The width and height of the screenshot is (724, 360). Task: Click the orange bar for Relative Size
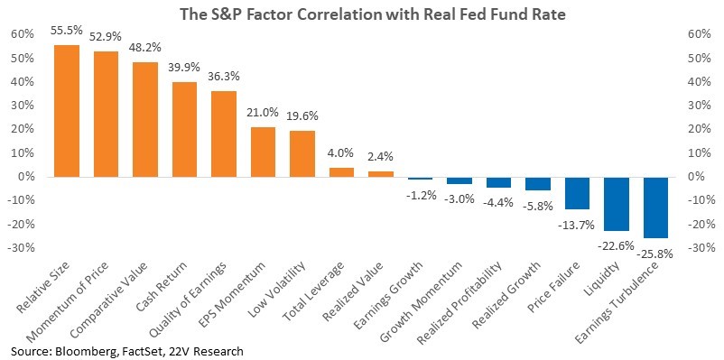pyautogui.click(x=67, y=111)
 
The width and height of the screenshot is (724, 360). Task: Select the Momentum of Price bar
pyautogui.click(x=106, y=114)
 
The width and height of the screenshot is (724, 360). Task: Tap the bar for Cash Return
pyautogui.click(x=185, y=130)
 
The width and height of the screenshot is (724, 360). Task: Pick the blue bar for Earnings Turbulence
pyautogui.click(x=655, y=208)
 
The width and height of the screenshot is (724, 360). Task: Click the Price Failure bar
pyautogui.click(x=577, y=193)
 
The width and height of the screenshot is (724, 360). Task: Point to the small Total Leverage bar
pyautogui.click(x=341, y=172)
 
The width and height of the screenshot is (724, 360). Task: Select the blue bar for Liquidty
pyautogui.click(x=617, y=204)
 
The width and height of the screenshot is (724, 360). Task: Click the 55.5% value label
pyautogui.click(x=68, y=31)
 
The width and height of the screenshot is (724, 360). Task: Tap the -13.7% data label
pyautogui.click(x=578, y=225)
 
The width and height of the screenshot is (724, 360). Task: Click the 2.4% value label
pyautogui.click(x=381, y=157)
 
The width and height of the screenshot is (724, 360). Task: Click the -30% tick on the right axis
pyautogui.click(x=699, y=247)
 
